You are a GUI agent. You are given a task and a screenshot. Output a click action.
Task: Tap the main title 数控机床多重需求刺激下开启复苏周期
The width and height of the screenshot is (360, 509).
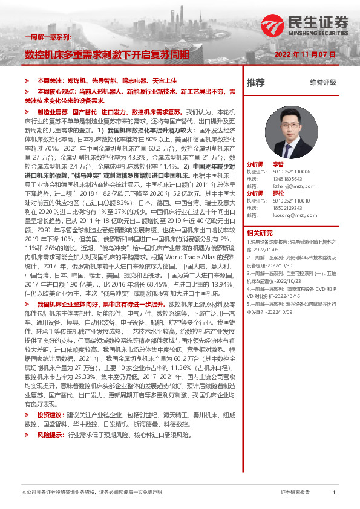coord(106,54)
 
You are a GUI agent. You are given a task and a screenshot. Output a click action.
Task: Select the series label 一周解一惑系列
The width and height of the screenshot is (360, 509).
coord(48,37)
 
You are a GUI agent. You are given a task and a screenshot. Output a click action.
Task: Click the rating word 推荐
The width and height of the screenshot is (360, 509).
coord(256,82)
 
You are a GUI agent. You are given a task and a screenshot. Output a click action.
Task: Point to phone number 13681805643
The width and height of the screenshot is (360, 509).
coord(290,179)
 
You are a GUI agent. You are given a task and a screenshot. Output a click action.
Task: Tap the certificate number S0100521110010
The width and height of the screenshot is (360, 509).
coord(293,201)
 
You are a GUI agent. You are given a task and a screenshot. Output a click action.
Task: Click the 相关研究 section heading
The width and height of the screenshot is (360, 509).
coord(259,232)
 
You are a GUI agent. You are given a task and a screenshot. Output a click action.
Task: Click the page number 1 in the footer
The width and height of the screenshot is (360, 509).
coord(334,492)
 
